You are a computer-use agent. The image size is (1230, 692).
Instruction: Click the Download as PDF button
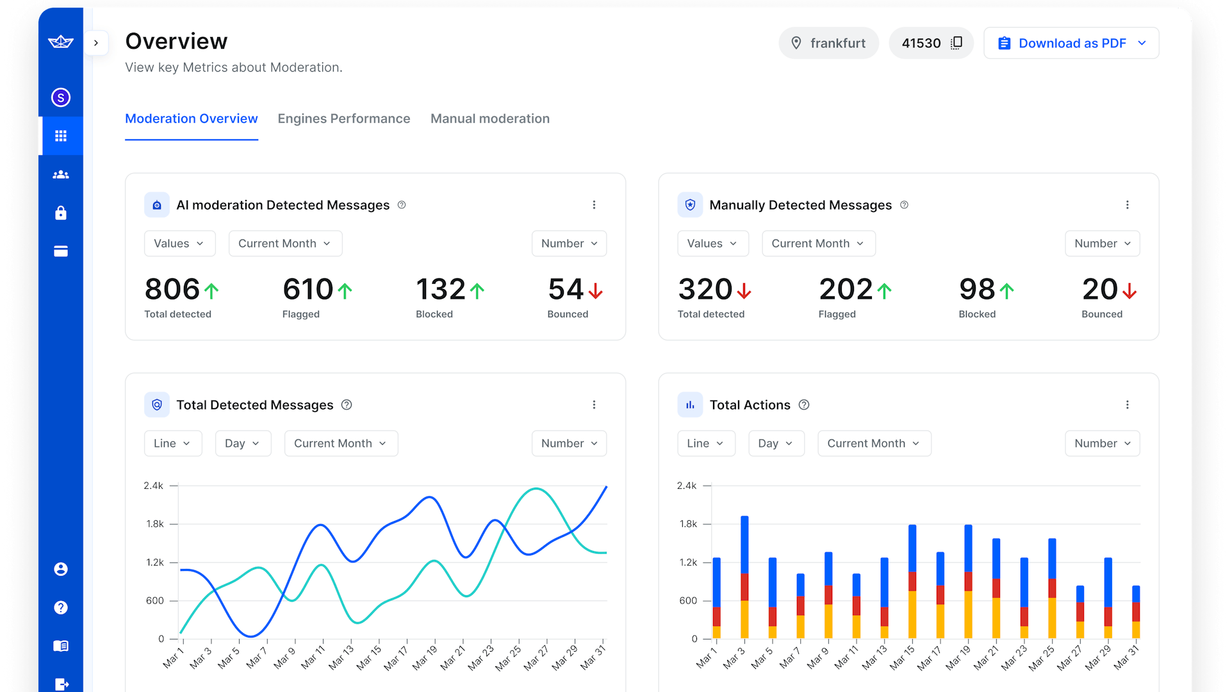pos(1071,43)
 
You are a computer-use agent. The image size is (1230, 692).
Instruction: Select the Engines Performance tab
pos(343,119)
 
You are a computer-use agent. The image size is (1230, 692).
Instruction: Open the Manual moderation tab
pos(489,119)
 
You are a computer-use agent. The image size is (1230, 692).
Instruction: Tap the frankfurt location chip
pos(828,43)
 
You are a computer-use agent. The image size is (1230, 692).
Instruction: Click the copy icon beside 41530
pos(956,43)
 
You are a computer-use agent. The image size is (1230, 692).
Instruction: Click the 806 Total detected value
pos(172,290)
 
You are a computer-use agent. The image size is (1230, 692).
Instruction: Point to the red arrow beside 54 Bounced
pos(596,292)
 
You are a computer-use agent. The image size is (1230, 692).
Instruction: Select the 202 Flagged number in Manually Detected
pos(846,290)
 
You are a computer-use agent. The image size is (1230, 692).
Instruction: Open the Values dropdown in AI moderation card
pos(179,243)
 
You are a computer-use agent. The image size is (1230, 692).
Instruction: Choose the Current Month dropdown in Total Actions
pos(874,443)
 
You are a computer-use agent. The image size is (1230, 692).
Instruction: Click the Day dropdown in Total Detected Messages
pos(242,443)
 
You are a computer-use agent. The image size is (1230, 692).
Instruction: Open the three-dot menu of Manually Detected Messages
pos(1127,205)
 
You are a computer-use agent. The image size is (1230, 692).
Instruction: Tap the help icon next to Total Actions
pos(804,405)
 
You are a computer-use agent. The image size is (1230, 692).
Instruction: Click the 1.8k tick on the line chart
pos(155,524)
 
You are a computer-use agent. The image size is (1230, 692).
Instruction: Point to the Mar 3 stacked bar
pos(744,577)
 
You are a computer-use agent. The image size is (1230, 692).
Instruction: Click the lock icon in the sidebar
pos(61,213)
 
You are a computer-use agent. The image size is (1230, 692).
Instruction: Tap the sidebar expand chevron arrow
pos(96,43)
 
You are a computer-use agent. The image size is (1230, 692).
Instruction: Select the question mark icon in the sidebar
pos(61,607)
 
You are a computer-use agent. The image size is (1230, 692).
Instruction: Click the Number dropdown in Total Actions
pos(1102,443)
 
